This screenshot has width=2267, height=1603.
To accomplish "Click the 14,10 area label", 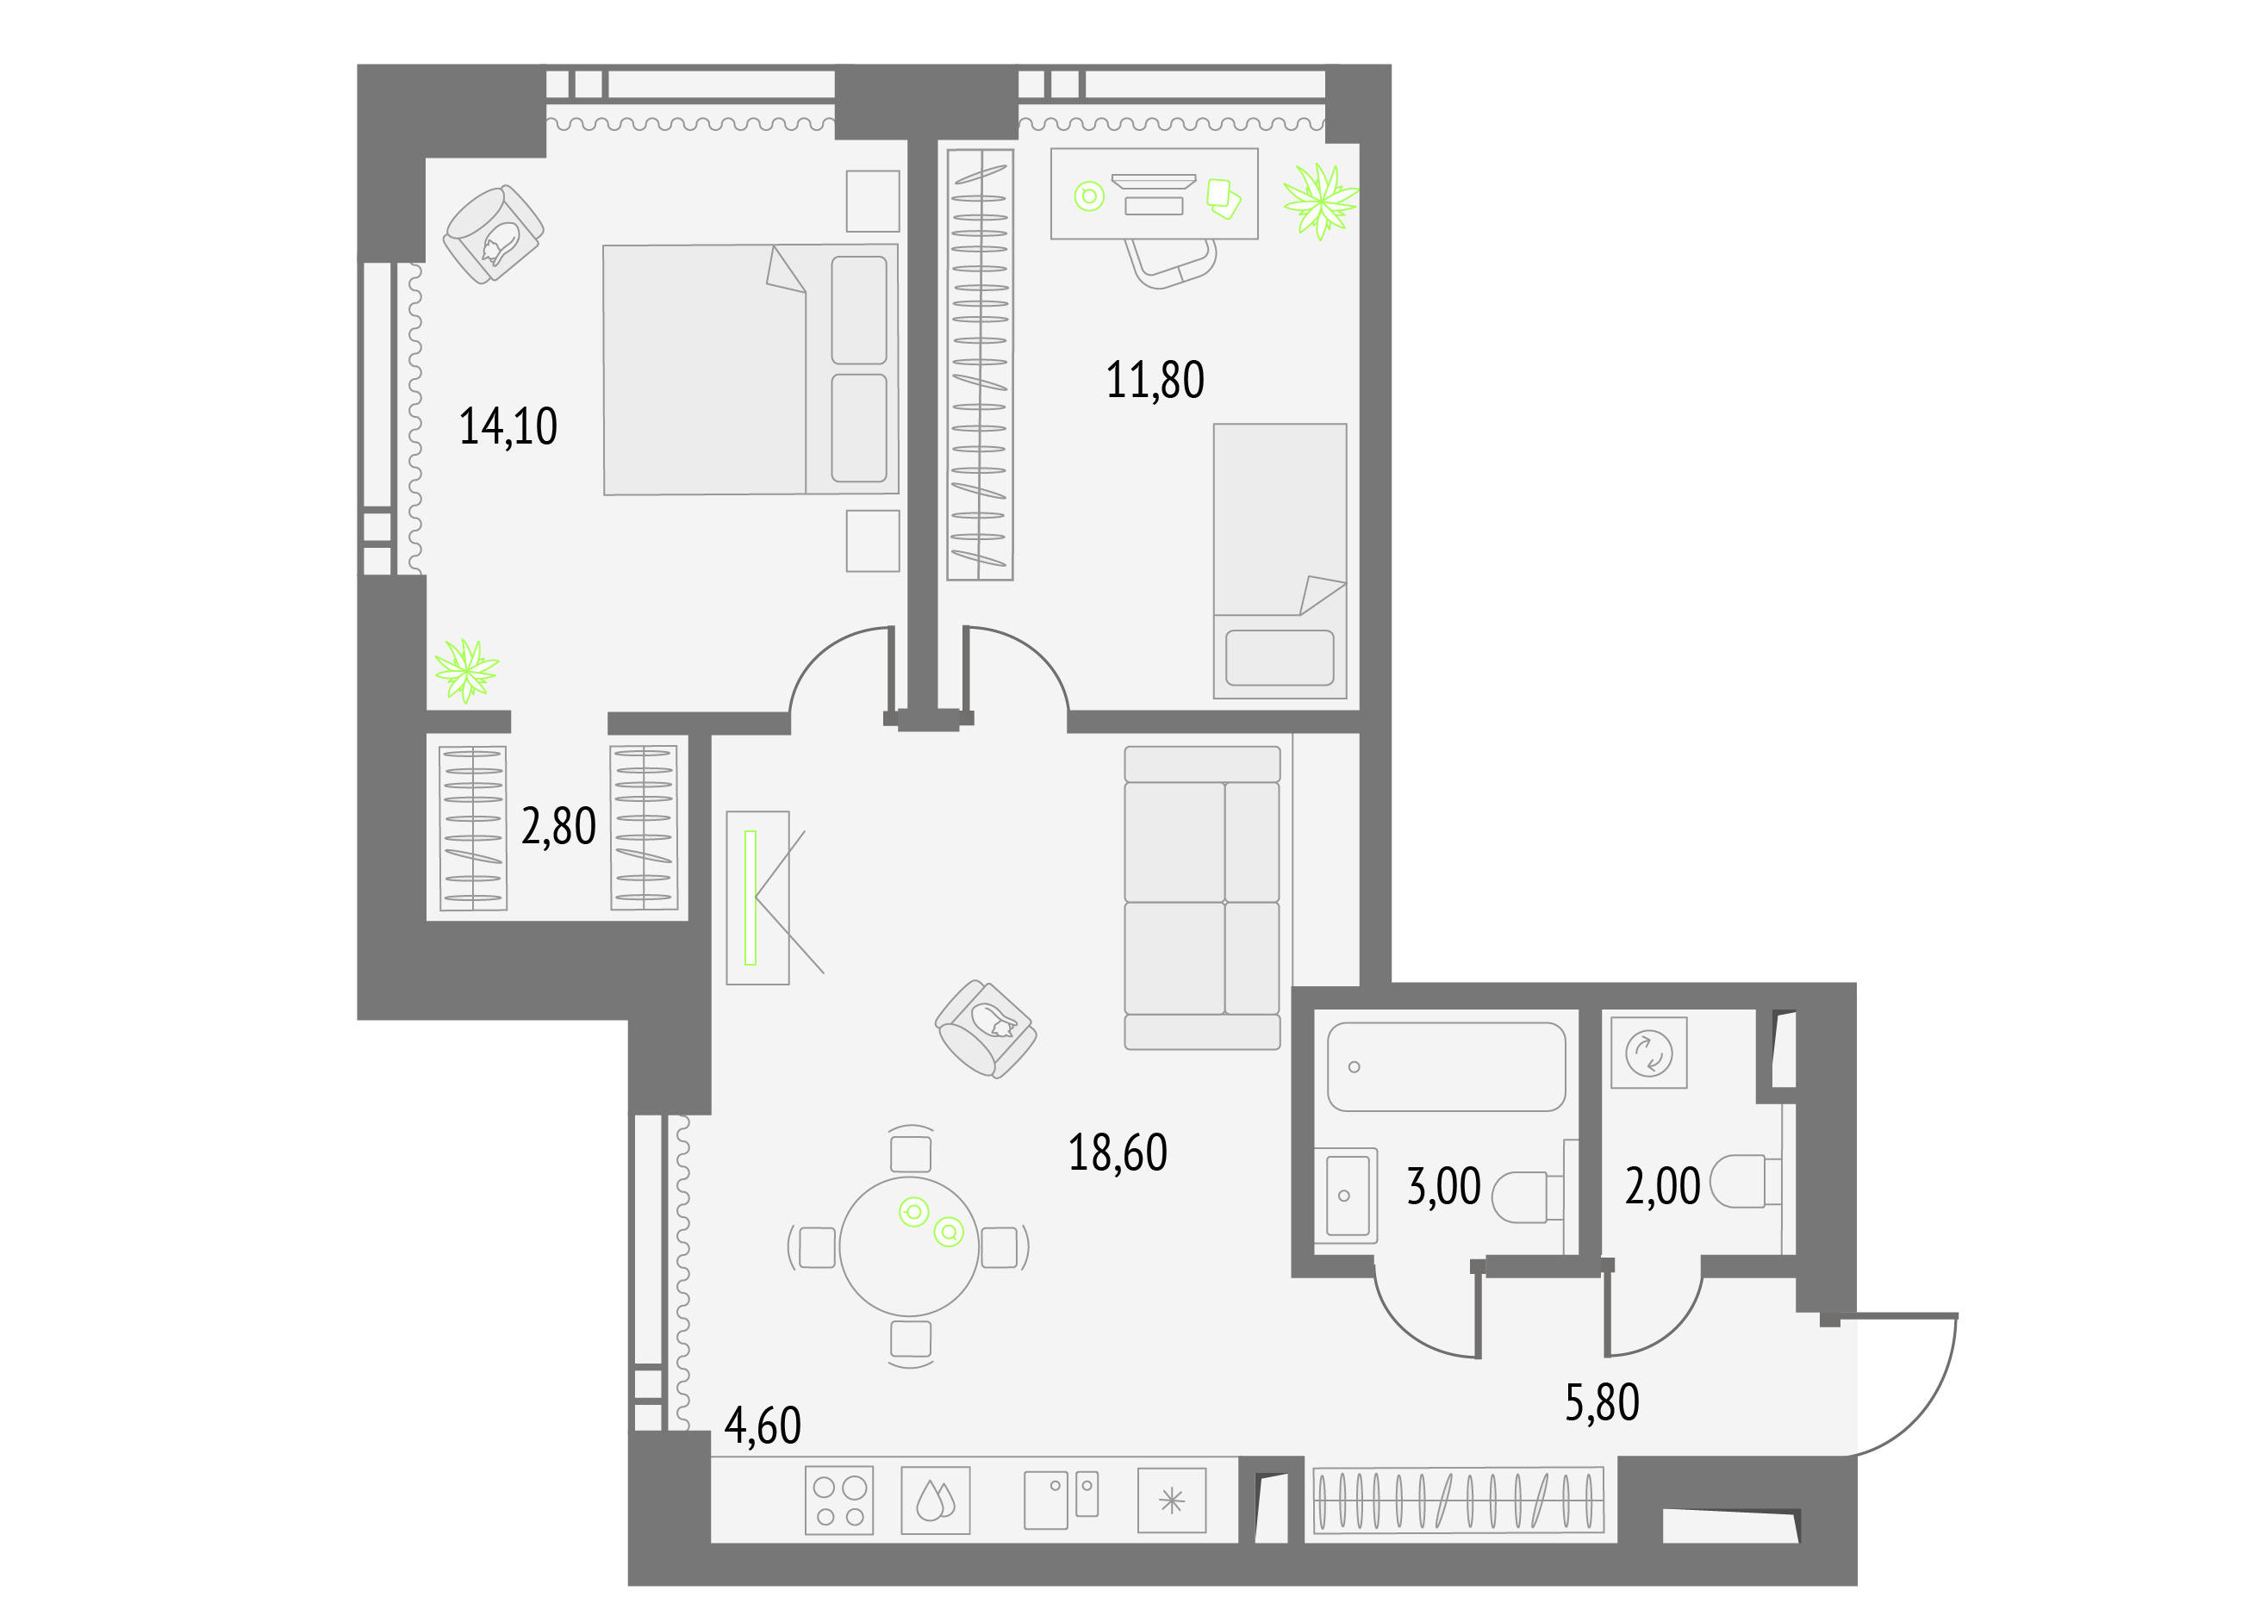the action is point(508,427).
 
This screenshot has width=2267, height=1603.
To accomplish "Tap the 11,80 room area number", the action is point(1155,381).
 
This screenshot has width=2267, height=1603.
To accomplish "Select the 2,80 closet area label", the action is point(559,827).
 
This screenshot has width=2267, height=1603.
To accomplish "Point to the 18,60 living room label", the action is point(1118,1153).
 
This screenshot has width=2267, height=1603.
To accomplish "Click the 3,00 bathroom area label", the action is point(1443,1186).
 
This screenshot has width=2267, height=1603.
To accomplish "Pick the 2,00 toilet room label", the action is point(1663,1186).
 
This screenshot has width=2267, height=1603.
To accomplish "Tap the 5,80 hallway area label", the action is point(1603,1402).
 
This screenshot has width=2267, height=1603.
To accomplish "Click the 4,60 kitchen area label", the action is point(763,1426).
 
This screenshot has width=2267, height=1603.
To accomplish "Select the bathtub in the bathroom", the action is point(1447,1067).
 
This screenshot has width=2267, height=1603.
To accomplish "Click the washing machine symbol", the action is point(1649,1053).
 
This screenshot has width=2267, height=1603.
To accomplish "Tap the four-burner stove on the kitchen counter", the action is point(839,1501).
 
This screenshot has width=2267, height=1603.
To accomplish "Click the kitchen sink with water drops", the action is point(935,1501).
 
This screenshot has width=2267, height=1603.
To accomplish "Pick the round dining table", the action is point(908,1246).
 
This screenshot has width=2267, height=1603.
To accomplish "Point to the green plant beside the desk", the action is point(1320,202).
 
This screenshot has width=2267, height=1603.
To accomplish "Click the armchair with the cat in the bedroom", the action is point(493,234).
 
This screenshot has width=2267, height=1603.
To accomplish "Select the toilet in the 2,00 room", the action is point(1745,1183).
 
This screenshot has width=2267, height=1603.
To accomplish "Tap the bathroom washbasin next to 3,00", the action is point(1346,1196).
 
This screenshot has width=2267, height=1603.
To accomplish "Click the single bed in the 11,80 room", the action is point(1280,562).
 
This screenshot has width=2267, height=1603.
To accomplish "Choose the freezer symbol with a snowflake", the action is point(1171,1501).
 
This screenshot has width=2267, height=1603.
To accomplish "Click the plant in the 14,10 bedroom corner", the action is point(466,670).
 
